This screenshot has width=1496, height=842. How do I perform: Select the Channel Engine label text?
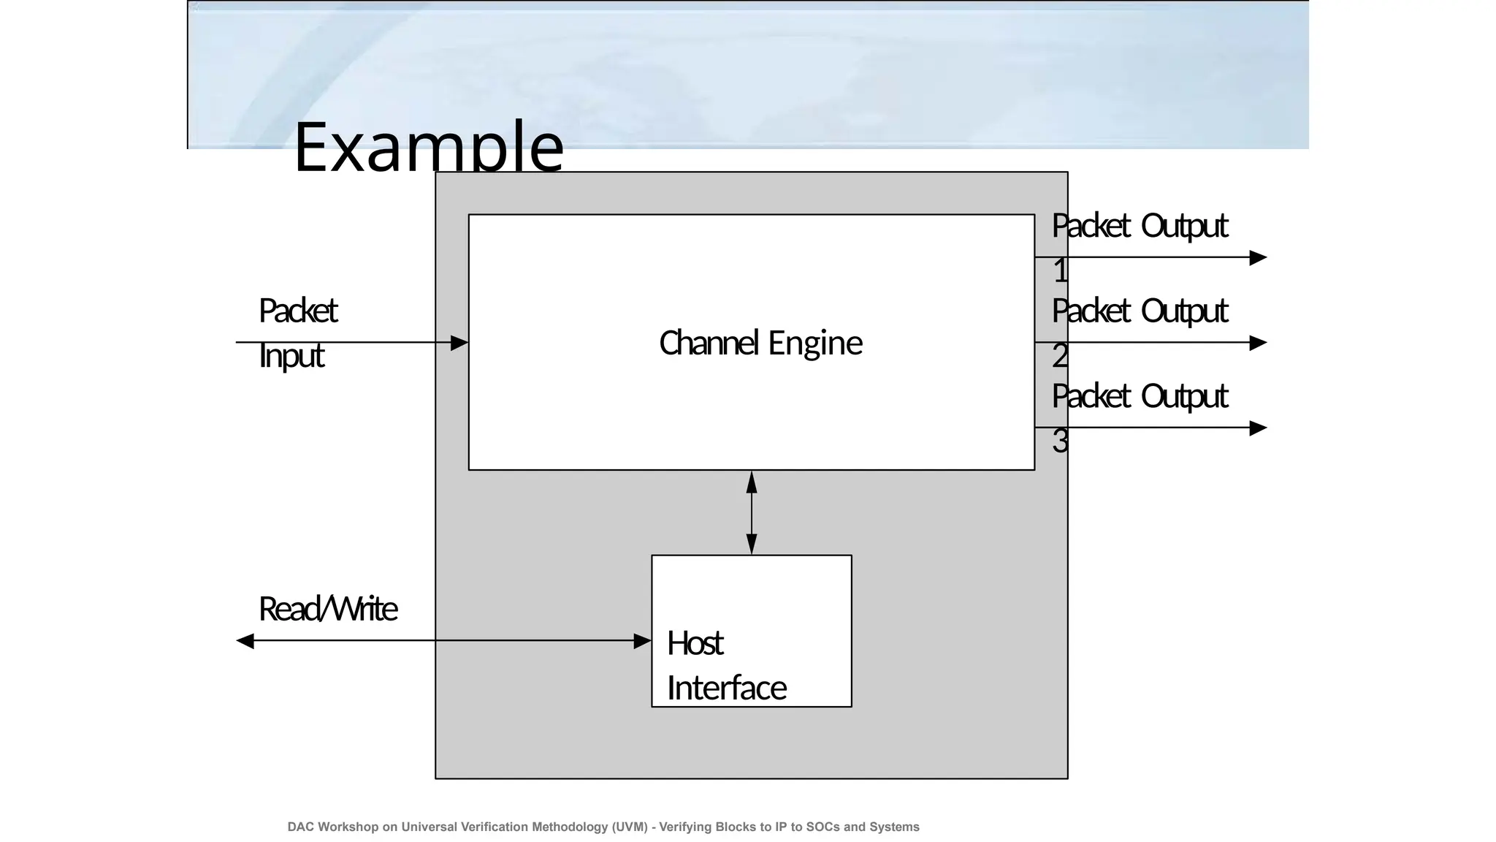tap(760, 343)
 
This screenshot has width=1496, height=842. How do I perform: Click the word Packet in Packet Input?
tap(297, 311)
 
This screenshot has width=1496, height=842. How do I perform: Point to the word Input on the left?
tap(291, 356)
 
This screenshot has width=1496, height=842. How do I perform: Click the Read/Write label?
tap(328, 609)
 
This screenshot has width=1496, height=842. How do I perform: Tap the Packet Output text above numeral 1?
tap(1140, 226)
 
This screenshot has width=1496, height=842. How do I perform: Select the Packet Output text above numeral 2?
tap(1140, 311)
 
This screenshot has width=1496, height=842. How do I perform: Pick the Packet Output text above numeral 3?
tap(1140, 396)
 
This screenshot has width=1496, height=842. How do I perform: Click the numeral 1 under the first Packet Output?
tap(1060, 271)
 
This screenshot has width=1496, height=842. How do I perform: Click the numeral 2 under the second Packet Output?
tap(1060, 356)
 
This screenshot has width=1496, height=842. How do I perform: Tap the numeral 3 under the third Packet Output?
tap(1060, 441)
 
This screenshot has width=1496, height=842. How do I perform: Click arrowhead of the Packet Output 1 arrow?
tap(1258, 257)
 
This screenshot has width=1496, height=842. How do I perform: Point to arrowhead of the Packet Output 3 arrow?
tap(1258, 428)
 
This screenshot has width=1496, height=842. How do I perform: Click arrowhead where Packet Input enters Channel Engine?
tap(459, 342)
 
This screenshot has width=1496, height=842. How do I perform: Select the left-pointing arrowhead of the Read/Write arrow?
tap(245, 641)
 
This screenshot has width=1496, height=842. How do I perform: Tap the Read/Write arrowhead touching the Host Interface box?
tap(642, 641)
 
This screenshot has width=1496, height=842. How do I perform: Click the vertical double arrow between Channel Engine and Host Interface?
tap(752, 512)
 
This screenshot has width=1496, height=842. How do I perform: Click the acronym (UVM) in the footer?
tap(630, 827)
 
